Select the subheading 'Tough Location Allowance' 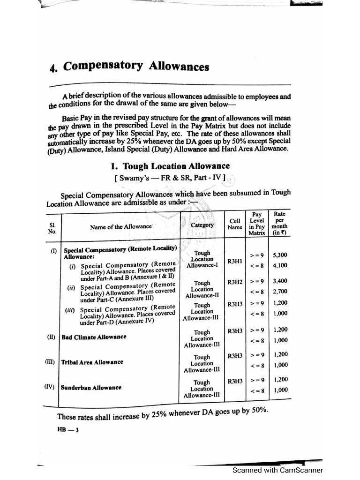click(170, 166)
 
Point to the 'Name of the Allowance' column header click(121, 227)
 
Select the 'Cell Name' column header click(235, 224)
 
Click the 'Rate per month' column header click(280, 223)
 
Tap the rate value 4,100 click(280, 265)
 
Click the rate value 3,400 click(280, 281)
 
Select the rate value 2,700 click(280, 291)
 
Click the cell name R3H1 click(235, 260)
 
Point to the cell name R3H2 click(235, 282)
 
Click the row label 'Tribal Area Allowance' click(92, 362)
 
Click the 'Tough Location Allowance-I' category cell click(202, 259)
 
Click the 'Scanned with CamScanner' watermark click(278, 471)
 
